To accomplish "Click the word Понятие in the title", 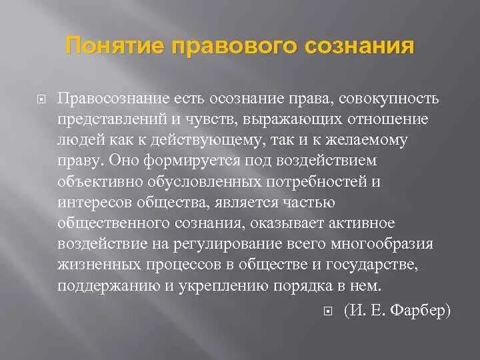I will [114, 47].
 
